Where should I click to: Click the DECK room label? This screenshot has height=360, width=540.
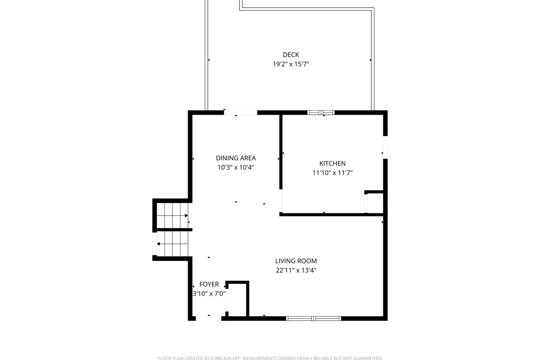[x=291, y=55]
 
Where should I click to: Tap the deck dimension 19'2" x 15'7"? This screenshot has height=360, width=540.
[x=291, y=64]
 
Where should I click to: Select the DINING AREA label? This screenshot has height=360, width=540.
[x=236, y=158]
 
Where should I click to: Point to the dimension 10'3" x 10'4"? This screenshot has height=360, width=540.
[x=236, y=167]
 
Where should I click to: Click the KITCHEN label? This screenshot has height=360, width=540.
[x=333, y=163]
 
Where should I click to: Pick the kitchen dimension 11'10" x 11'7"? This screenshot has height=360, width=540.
[x=333, y=173]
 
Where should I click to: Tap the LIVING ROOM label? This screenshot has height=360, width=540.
[x=296, y=261]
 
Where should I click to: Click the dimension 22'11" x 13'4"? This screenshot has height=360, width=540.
[x=296, y=270]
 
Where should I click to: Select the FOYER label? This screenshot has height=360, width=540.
[x=209, y=284]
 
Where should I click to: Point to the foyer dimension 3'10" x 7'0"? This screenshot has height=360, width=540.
[x=209, y=294]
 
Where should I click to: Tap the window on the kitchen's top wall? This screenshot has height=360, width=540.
[x=321, y=112]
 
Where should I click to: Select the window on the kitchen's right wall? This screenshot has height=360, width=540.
[x=385, y=147]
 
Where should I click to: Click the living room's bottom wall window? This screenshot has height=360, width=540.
[x=314, y=318]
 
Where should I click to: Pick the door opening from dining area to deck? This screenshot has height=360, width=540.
[x=241, y=112]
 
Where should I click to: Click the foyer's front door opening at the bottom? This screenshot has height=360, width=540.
[x=209, y=318]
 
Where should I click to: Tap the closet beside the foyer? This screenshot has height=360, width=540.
[x=237, y=300]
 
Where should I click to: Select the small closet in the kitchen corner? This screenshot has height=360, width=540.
[x=375, y=202]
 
